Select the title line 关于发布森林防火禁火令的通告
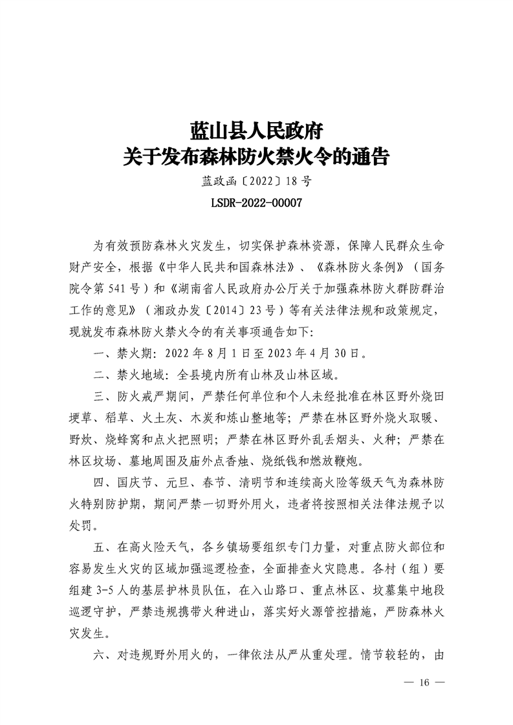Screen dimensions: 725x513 (256, 158)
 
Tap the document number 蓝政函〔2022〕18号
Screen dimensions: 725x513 (256, 182)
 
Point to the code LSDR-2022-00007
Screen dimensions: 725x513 (256, 203)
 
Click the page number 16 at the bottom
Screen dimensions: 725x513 (424, 682)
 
